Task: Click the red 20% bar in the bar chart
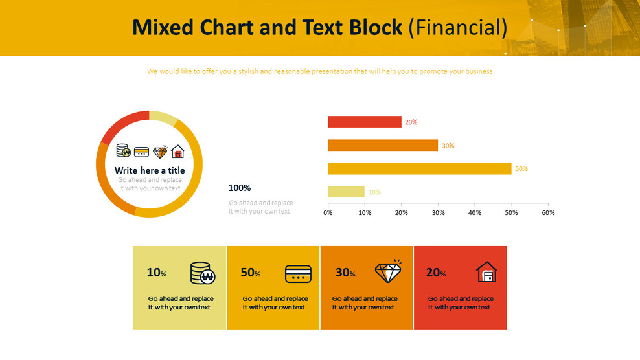coord(364,122)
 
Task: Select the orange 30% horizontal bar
coord(382,145)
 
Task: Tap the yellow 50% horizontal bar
coord(419,168)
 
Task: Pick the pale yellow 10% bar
coord(346,192)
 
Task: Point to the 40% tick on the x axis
coord(475,213)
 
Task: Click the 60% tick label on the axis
coord(548,213)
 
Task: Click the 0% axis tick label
coord(328,213)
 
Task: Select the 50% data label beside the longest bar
coord(521,169)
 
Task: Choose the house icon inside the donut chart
coord(177,152)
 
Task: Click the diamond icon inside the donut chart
coord(160,152)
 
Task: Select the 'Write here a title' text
coord(150,170)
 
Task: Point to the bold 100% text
coord(240,188)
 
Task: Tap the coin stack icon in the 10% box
coord(202,273)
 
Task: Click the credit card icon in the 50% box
coord(298,274)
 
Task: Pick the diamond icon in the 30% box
coord(388,272)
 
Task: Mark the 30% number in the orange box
coord(345,273)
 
